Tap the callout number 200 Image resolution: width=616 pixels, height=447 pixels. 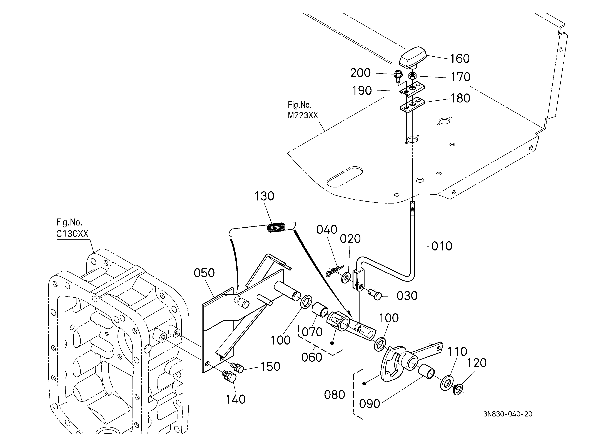(360, 73)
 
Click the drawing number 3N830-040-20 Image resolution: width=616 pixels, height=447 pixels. (508, 414)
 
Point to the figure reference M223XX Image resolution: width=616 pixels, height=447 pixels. (303, 115)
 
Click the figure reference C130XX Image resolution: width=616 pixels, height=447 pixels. (72, 234)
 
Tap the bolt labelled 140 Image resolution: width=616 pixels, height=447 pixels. (229, 377)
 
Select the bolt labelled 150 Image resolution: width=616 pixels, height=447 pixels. (237, 368)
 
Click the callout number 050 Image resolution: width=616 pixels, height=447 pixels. (204, 273)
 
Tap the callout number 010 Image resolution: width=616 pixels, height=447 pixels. (442, 246)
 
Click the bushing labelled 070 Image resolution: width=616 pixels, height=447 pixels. (320, 310)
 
